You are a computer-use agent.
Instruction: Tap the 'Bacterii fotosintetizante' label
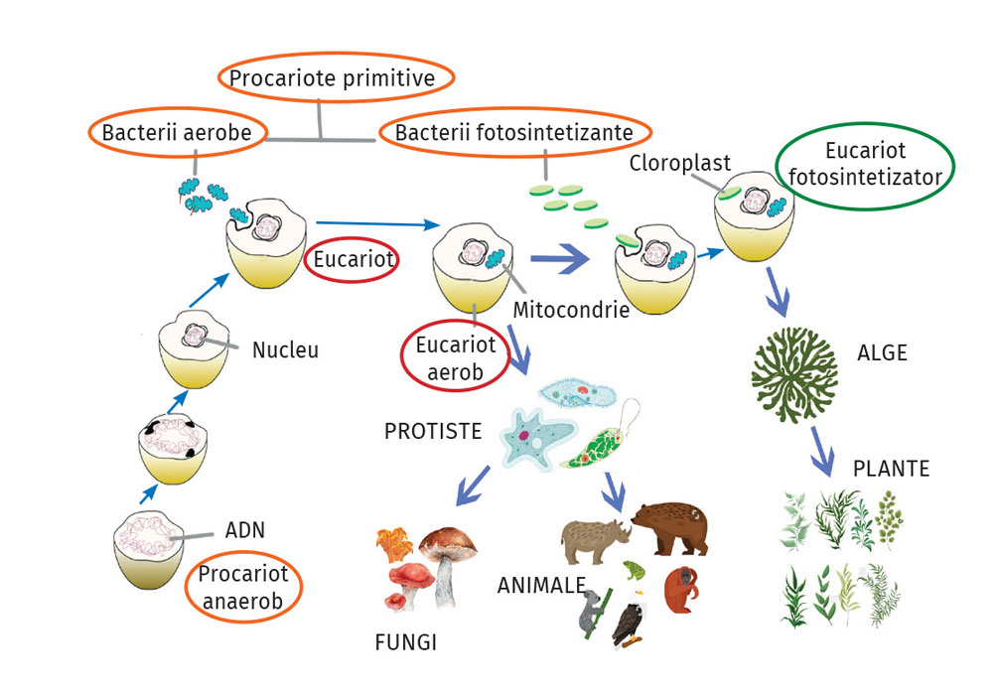(514, 132)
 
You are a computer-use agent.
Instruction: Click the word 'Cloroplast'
(680, 163)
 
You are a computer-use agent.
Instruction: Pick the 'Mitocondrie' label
(571, 310)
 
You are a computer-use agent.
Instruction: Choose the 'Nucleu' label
(285, 349)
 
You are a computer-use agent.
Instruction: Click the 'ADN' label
(244, 530)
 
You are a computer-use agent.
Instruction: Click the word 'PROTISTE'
(433, 431)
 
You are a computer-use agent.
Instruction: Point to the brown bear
(669, 528)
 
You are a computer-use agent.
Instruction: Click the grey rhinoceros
(595, 541)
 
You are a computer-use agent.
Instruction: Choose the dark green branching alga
(794, 374)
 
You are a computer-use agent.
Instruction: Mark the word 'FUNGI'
(406, 642)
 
